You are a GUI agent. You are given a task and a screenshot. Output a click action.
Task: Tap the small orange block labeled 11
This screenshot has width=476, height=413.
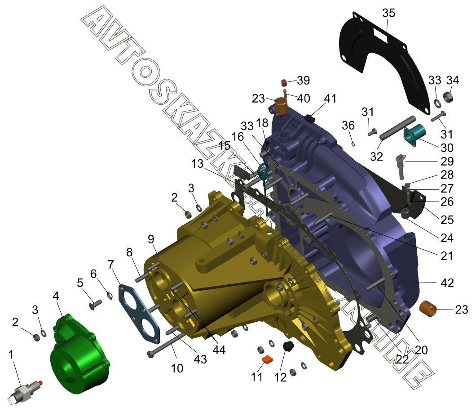268,359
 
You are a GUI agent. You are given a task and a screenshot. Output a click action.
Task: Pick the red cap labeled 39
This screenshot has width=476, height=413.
284,82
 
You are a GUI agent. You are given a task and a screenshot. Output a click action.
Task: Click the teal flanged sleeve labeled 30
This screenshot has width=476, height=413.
414,135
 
